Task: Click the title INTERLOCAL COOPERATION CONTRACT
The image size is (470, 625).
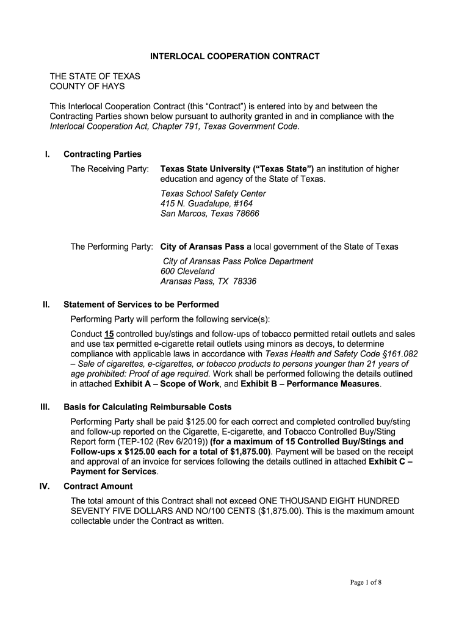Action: coord(235,56)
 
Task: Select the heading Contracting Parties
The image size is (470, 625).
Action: coord(103,154)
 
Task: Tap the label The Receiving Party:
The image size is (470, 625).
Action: coord(110,168)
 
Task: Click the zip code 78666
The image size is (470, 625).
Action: coord(247,214)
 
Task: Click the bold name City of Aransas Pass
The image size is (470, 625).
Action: coord(202,247)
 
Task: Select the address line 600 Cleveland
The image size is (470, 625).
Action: coord(187,271)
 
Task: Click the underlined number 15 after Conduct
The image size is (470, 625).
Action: coord(109,334)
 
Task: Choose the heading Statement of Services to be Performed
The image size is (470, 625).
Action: coord(141,305)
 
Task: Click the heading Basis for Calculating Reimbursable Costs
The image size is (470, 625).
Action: coord(147,407)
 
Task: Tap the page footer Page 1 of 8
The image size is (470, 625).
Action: coord(366,582)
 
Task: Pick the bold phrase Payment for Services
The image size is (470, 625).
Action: coord(114,472)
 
